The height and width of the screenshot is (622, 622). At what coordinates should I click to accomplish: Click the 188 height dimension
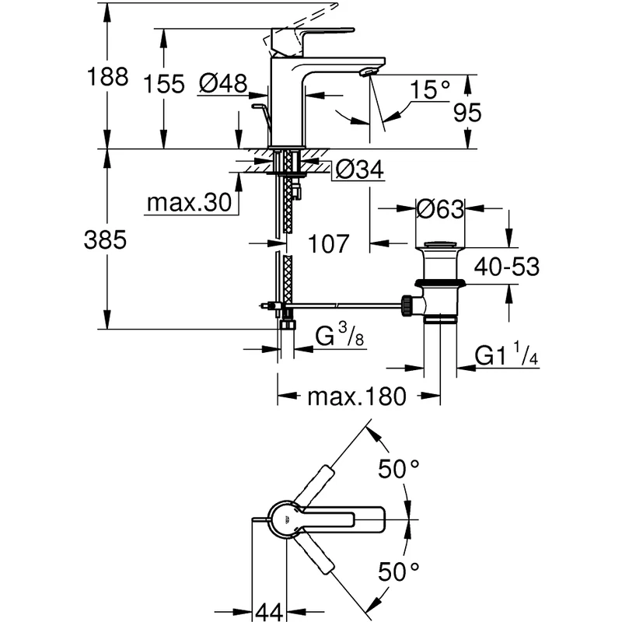(x=107, y=78)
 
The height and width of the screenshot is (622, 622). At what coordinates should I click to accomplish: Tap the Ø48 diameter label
(x=222, y=83)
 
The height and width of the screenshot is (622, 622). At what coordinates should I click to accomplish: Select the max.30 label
(x=189, y=204)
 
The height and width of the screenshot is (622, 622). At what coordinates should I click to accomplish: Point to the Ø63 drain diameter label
(x=440, y=210)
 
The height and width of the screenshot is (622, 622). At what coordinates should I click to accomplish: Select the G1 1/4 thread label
(x=507, y=356)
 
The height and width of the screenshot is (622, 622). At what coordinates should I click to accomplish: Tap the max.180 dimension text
(x=357, y=397)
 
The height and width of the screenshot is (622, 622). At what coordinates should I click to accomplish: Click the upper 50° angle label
(x=399, y=469)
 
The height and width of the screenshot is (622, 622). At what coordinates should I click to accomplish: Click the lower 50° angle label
(x=399, y=573)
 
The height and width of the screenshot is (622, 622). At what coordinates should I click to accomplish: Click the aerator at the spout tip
(x=367, y=73)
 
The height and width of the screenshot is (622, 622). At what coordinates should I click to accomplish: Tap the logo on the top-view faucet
(x=286, y=520)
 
